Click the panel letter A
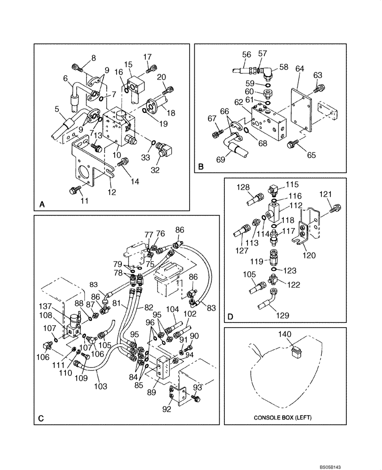click(x=42, y=204)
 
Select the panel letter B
click(x=201, y=166)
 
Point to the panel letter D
click(x=231, y=317)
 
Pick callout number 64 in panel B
click(x=300, y=69)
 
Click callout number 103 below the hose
click(x=101, y=386)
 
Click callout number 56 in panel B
click(x=247, y=55)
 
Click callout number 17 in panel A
click(x=148, y=58)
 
